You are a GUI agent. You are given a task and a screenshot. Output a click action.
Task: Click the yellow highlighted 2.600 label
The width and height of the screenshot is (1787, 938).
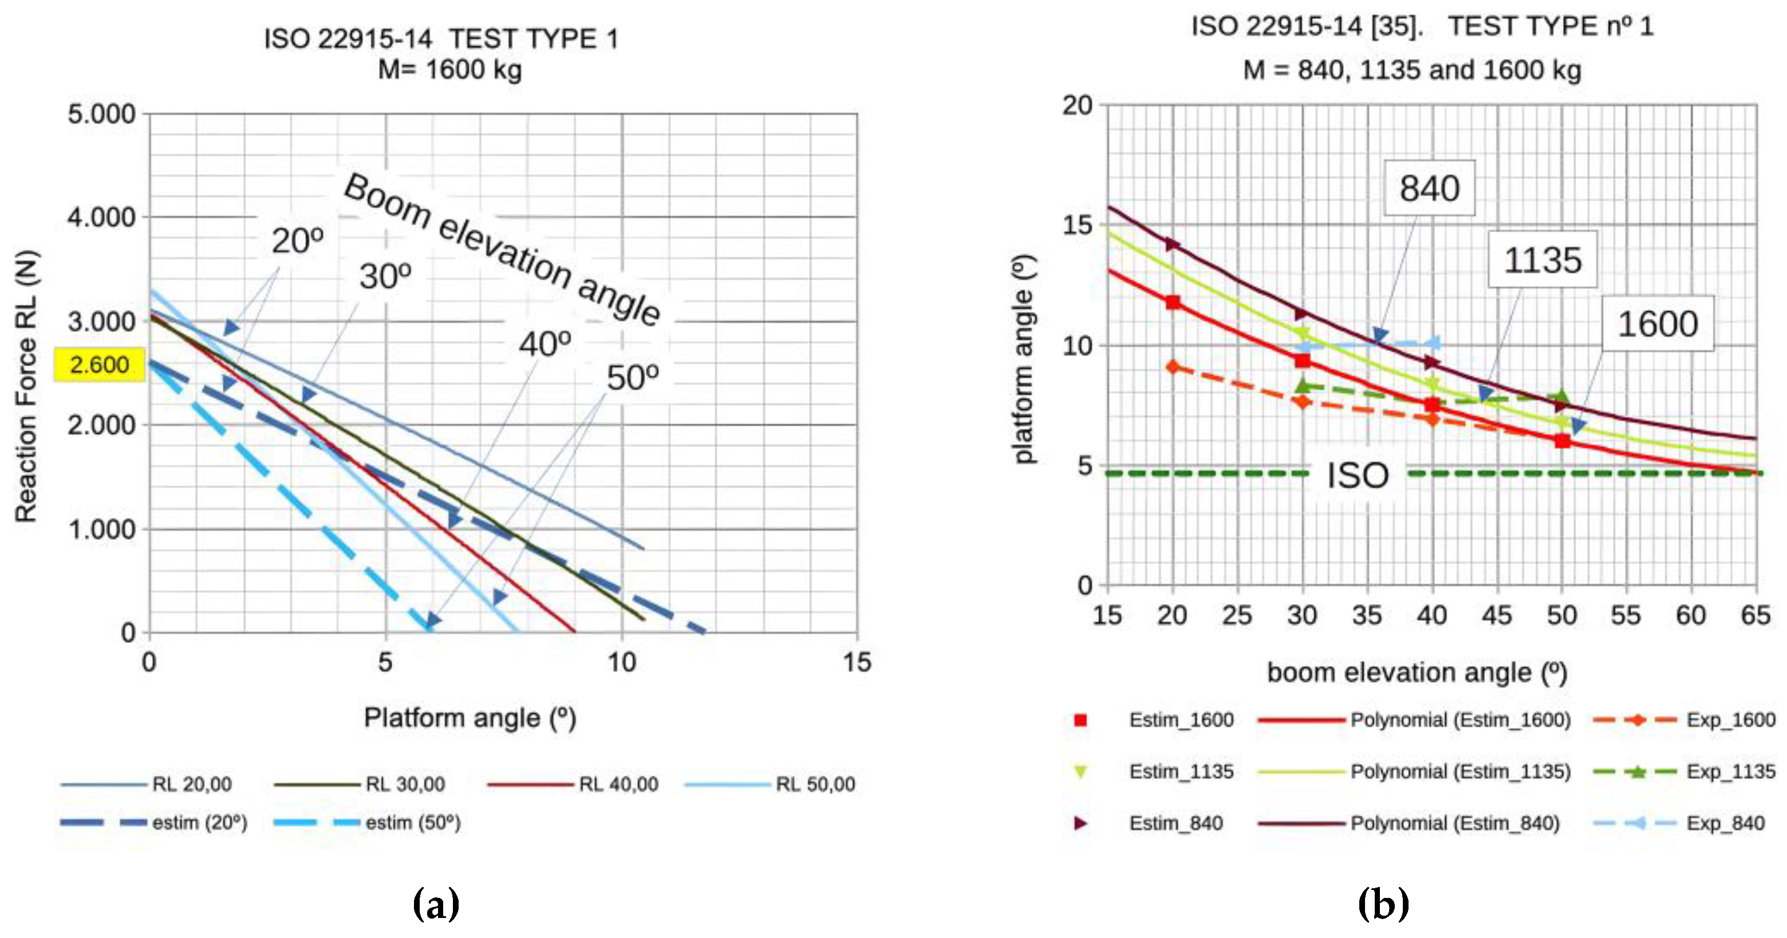pos(99,365)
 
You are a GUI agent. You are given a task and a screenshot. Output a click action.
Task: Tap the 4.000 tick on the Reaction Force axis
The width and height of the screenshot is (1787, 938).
pos(101,217)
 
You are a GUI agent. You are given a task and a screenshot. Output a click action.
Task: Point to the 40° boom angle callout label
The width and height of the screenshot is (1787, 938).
pos(545,344)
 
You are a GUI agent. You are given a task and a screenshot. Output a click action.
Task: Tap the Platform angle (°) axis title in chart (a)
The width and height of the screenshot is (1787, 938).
pos(470,718)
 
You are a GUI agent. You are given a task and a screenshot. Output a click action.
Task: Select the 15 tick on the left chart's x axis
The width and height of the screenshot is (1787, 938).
pos(857,662)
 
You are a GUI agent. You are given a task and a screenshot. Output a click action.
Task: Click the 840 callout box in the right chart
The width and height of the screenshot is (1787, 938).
pos(1429,188)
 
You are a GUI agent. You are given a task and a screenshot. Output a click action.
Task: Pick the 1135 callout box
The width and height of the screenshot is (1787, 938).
pos(1542,260)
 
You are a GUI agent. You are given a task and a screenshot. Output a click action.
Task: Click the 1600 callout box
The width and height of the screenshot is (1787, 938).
pos(1657,324)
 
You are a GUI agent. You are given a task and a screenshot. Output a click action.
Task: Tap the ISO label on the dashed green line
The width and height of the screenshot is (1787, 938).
pos(1357,476)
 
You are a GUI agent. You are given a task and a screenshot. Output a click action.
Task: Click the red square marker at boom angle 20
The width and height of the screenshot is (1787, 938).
pos(1173,302)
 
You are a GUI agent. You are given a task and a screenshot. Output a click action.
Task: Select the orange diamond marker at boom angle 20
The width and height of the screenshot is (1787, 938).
pos(1173,367)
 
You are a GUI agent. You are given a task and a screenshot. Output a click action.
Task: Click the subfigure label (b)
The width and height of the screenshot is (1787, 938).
pos(1383,904)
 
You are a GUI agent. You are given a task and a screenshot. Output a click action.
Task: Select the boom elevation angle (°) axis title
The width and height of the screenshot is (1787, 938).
pos(1417,672)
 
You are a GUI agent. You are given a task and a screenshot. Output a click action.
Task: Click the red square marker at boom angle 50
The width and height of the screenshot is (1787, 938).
pos(1562,441)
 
